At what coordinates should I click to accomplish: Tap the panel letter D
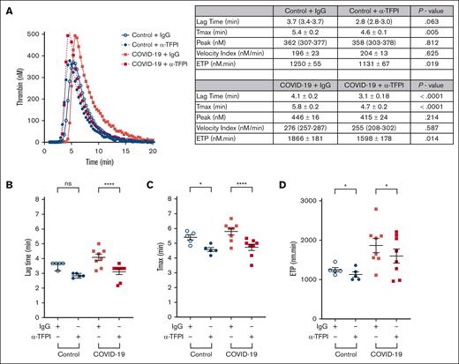tap(309, 186)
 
